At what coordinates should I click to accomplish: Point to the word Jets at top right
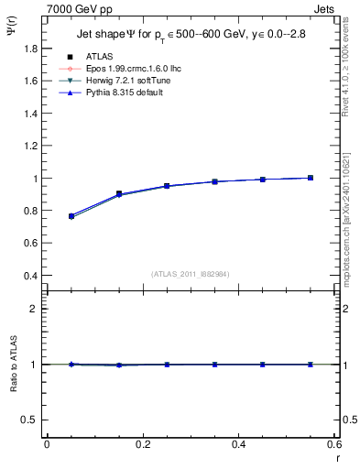click(326, 8)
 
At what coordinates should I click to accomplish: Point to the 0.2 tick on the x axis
click(142, 444)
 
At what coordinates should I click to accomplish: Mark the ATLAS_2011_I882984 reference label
click(189, 273)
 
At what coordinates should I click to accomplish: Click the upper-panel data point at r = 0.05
click(71, 216)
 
